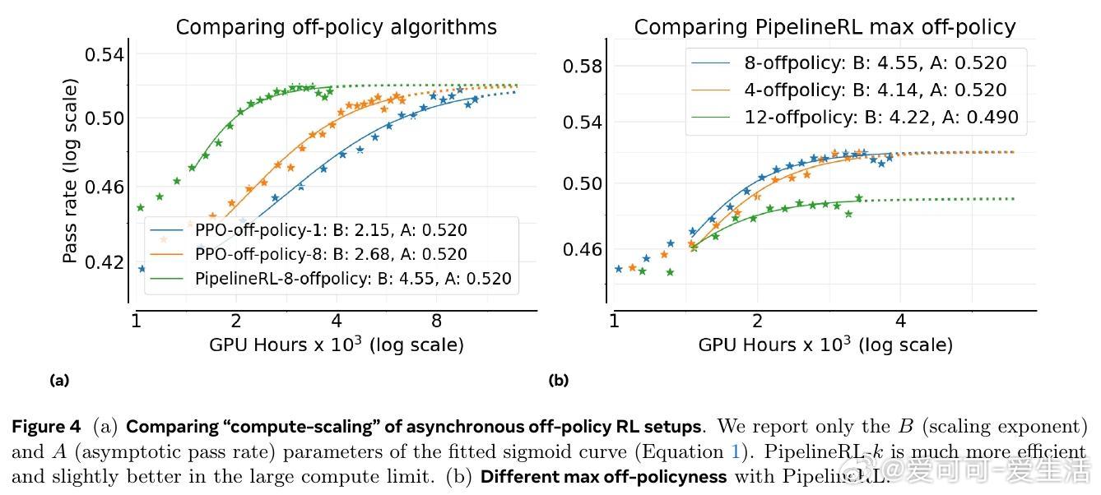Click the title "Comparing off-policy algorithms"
(336, 27)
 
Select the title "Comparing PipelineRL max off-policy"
(825, 27)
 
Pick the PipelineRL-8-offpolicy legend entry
(353, 279)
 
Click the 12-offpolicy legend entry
(881, 118)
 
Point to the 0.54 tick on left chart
(105, 55)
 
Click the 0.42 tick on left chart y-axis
(105, 263)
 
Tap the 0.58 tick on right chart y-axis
(583, 67)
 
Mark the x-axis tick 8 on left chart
(437, 321)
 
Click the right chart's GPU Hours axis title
(825, 345)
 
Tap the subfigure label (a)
(59, 380)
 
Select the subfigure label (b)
(559, 380)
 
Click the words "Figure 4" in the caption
(46, 427)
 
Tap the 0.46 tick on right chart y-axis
(583, 249)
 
